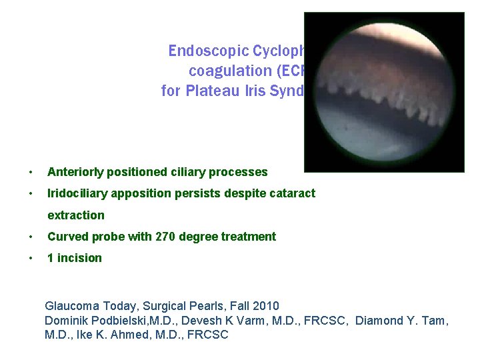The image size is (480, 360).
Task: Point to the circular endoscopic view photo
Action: pos(384,92)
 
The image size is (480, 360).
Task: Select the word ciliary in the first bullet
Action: pos(191,172)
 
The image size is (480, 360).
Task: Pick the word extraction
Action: pos(76,215)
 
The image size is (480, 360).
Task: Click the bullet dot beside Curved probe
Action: pos(31,237)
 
